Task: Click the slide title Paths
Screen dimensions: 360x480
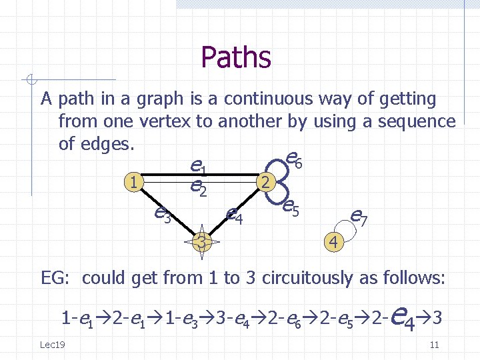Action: point(236,57)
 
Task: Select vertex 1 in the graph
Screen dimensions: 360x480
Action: point(135,181)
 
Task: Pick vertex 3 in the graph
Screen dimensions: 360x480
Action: point(201,243)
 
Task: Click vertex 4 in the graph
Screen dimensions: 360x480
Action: point(334,241)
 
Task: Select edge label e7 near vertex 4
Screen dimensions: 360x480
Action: point(358,215)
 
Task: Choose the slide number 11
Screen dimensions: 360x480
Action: point(434,345)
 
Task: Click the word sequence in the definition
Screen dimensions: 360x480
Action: point(417,122)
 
